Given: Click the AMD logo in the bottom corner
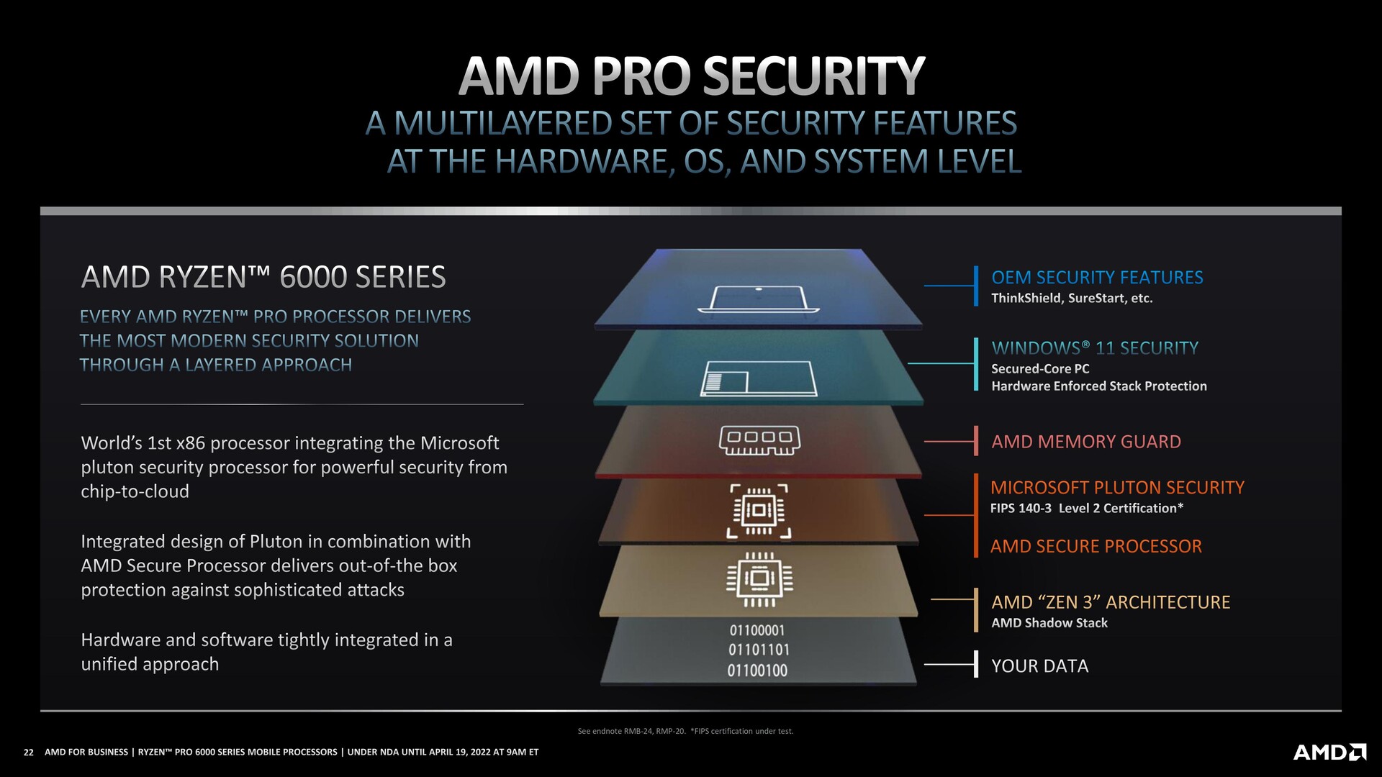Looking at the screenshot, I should coord(1329,753).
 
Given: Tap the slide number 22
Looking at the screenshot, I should coord(29,753).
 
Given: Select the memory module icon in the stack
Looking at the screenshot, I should coord(759,440).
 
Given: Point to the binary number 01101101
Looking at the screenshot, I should coord(758,650).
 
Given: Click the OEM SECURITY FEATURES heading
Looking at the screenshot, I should coord(1097,278).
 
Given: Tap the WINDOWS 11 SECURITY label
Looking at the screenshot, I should coord(1095,348).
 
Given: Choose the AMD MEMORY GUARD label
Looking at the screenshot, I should coord(1086,442).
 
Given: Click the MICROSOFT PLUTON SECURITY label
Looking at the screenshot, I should coord(1117,488).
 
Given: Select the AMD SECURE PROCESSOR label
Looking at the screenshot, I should coord(1096,547).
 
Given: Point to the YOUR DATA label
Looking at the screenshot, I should coord(1039,666).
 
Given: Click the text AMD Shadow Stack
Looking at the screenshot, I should coord(1049,623).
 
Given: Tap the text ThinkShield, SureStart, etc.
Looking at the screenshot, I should coord(1072,299).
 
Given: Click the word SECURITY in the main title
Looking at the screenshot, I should coord(813,76).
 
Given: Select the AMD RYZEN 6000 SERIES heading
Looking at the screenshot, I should coord(263,278).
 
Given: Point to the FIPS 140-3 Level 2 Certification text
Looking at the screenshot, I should coord(1087,509).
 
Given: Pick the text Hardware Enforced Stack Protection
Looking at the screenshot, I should coord(1098,386).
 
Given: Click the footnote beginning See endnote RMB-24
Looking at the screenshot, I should coord(685,732).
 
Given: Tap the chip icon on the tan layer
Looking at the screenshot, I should coord(759,578).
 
